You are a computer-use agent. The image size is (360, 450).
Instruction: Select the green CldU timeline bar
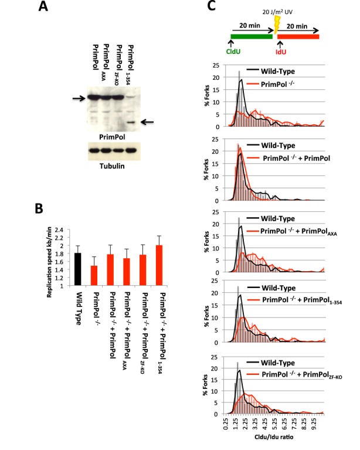[252, 36]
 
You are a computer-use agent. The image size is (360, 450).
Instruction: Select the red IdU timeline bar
[298, 36]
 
